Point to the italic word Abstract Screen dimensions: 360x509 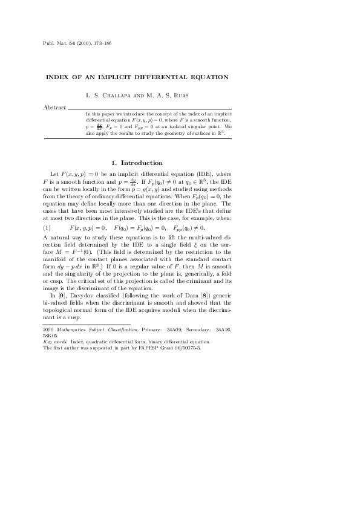55,107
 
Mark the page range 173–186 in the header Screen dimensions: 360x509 100,44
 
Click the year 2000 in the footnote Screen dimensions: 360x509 48,329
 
